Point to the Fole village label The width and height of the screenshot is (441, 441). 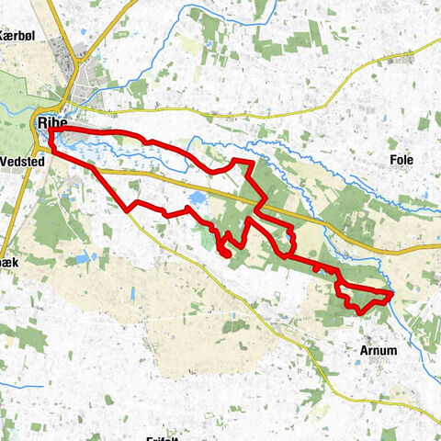point(401,160)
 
